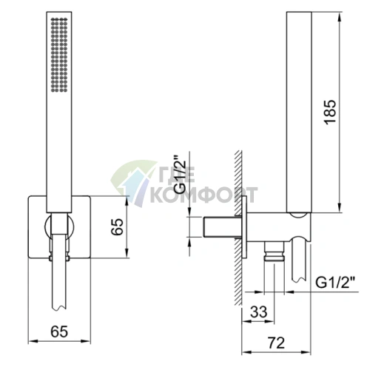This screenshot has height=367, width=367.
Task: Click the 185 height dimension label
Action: click(x=330, y=112)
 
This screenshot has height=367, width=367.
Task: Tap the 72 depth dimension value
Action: click(x=277, y=343)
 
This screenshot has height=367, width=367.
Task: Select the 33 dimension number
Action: click(x=259, y=312)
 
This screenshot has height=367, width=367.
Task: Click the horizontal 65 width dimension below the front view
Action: click(x=59, y=331)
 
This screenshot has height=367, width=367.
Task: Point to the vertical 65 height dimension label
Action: click(x=117, y=227)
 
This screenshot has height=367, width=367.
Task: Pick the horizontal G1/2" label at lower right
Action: click(x=335, y=283)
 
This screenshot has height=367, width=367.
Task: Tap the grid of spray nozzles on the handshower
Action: click(x=59, y=55)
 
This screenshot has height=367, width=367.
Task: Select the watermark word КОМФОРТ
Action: click(x=204, y=195)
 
